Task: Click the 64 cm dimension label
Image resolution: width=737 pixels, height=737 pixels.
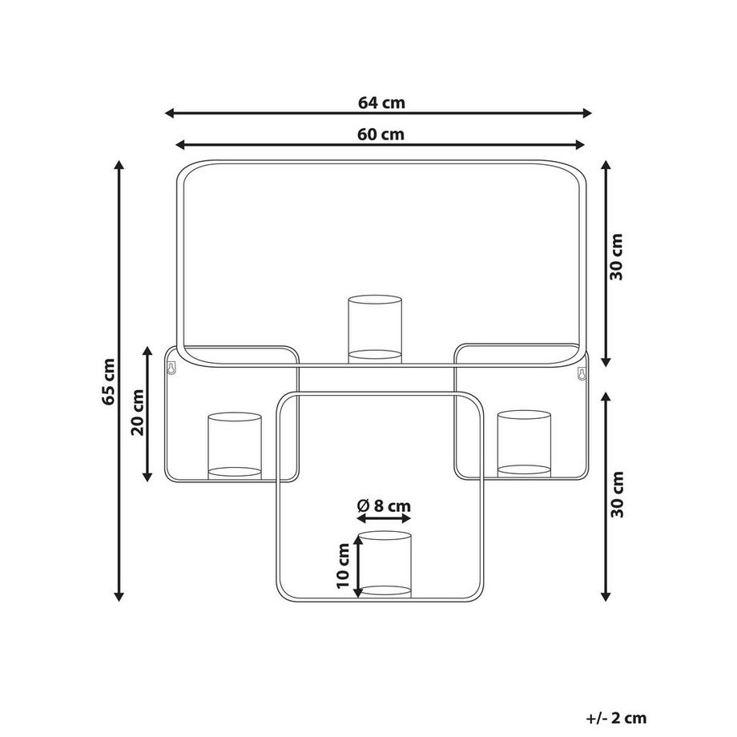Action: click(x=381, y=103)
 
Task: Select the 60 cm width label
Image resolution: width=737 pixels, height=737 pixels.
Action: click(x=381, y=135)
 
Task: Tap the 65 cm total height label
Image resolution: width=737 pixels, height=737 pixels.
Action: click(x=108, y=381)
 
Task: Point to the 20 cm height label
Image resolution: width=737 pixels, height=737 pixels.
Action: click(x=137, y=413)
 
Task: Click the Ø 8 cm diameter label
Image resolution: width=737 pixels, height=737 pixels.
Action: click(x=384, y=505)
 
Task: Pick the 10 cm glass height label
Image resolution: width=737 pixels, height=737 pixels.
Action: click(x=344, y=566)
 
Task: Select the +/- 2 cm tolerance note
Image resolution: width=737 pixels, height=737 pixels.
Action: click(x=616, y=718)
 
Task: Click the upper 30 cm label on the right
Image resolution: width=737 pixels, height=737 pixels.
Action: click(x=616, y=256)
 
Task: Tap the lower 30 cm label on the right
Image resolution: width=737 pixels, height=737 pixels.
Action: click(x=617, y=494)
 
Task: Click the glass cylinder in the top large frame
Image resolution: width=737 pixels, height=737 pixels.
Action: click(x=375, y=329)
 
